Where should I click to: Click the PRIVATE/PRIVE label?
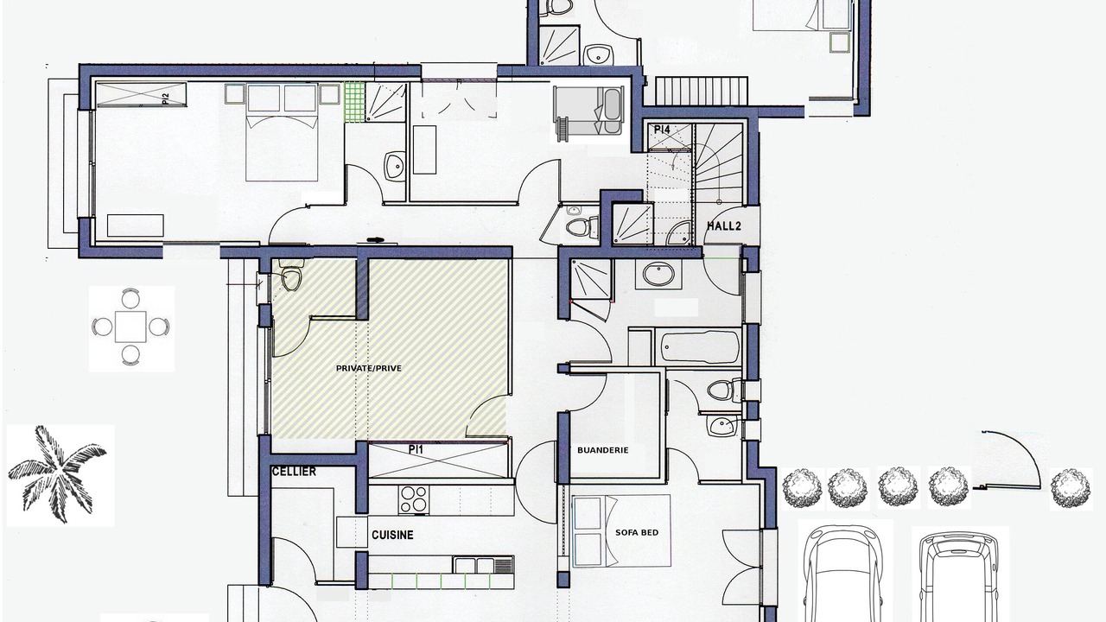[x=368, y=368]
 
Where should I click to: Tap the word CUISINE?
[x=392, y=535]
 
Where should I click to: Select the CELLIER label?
[x=294, y=472]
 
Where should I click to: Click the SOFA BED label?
[x=637, y=533]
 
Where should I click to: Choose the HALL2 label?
[x=724, y=226]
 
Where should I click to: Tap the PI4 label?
[x=662, y=130]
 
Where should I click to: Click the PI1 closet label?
[x=416, y=450]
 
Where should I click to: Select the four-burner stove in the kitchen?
[x=414, y=499]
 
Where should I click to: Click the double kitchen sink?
[x=484, y=565]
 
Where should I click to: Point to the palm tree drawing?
[x=57, y=474]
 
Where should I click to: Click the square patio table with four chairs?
[x=130, y=327]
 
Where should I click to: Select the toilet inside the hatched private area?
[x=291, y=277]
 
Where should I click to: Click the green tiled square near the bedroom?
[x=354, y=102]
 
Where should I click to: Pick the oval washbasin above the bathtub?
[x=658, y=275]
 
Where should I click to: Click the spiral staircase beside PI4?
[x=719, y=163]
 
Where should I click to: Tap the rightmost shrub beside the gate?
[x=1071, y=488]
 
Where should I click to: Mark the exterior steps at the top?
[x=701, y=91]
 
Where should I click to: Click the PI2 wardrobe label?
[x=165, y=99]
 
